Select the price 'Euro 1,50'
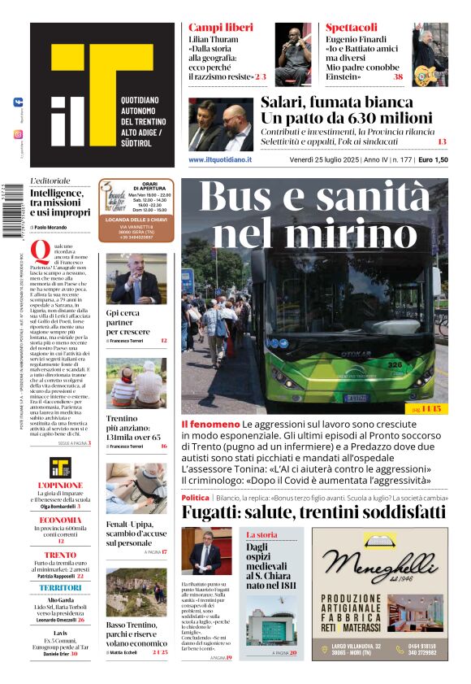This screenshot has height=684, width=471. click(433, 160)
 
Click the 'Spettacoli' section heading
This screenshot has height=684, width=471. click(352, 28)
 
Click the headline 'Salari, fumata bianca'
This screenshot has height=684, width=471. click(336, 102)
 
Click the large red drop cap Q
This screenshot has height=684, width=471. click(40, 251)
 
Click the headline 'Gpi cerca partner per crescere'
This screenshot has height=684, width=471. click(128, 321)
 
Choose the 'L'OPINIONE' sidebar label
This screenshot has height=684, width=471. click(60, 486)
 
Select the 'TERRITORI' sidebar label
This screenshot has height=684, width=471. click(60, 587)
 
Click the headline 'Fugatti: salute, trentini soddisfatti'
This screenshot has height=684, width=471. click(313, 512)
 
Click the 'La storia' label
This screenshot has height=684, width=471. click(261, 535)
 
